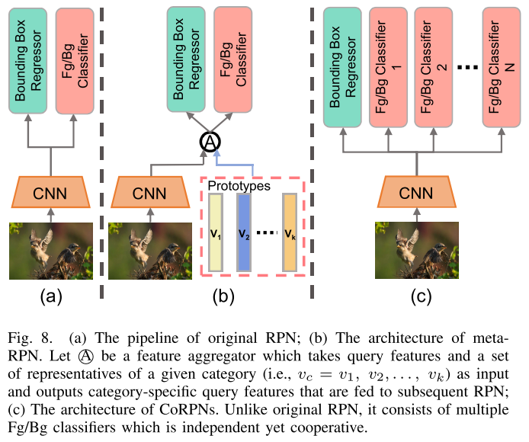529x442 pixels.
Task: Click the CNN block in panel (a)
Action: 50,194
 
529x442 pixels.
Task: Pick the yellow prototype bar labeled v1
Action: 216,232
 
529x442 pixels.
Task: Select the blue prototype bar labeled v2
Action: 244,232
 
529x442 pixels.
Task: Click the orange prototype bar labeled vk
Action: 290,232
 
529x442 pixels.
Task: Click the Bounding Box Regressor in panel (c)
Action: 344,67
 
